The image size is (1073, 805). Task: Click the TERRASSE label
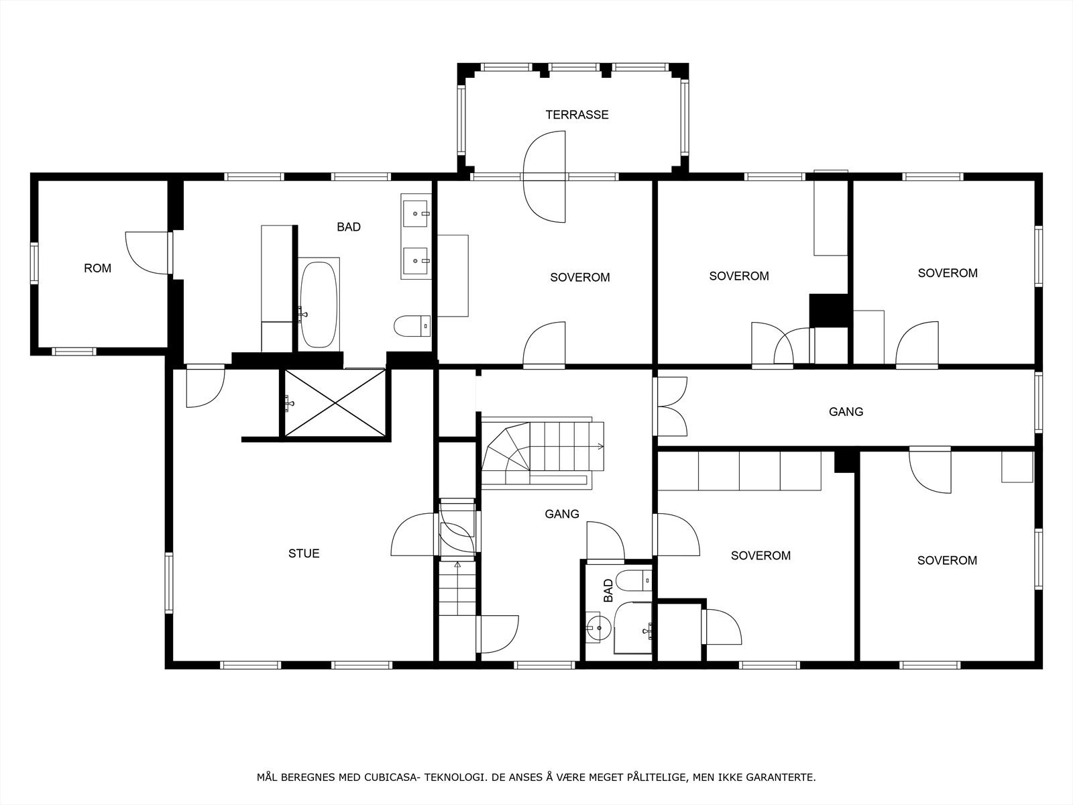(x=577, y=115)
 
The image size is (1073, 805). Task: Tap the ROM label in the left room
(x=97, y=268)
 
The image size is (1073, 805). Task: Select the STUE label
(x=304, y=553)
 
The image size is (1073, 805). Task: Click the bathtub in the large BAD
(x=318, y=304)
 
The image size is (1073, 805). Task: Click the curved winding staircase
(x=510, y=449)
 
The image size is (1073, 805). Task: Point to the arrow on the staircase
(x=599, y=446)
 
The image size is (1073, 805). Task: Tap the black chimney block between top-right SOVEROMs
(x=830, y=310)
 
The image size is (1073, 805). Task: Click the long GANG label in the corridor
(x=846, y=412)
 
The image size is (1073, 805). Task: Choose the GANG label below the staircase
(x=561, y=514)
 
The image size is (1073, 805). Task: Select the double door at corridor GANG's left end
(x=671, y=407)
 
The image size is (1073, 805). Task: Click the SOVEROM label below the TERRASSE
(x=579, y=277)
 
